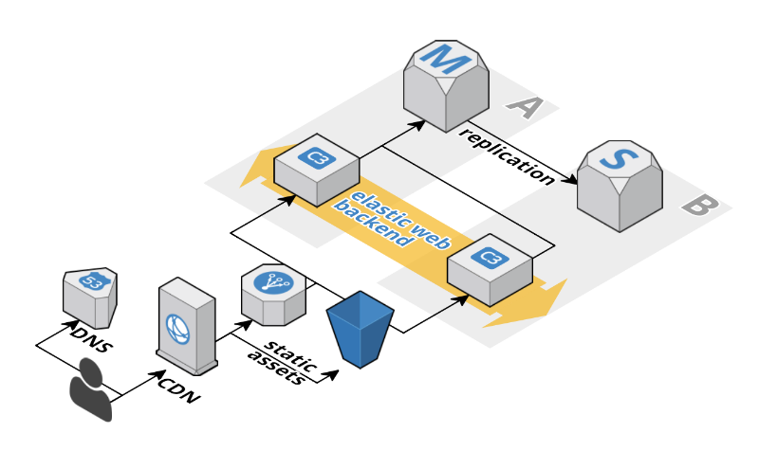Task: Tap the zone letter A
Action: tap(521, 109)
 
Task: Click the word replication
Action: tap(506, 155)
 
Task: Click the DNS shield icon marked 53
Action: tap(91, 295)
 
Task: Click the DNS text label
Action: tap(91, 337)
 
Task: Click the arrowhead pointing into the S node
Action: tap(572, 180)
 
